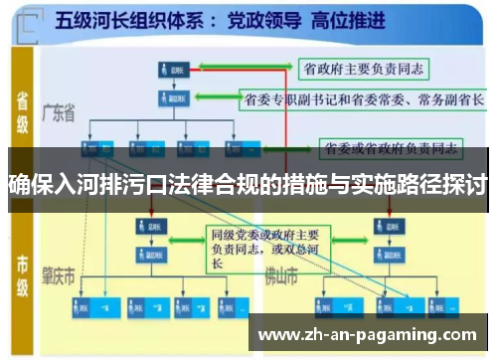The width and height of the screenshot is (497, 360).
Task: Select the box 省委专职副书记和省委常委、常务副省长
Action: click(x=359, y=99)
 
